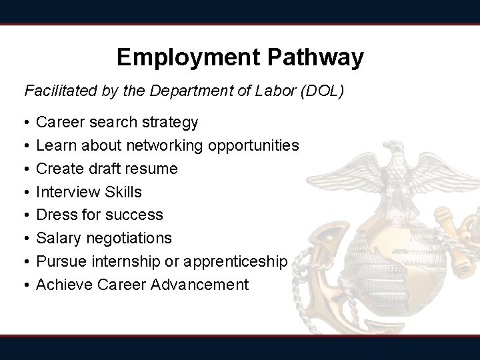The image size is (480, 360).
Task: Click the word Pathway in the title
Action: pos(316,57)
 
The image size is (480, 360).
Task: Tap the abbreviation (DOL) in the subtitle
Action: pos(323,91)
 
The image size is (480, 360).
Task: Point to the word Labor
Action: pos(275,91)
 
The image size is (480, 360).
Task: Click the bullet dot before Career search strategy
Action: pos(25,123)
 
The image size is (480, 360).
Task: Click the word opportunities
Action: pos(254,145)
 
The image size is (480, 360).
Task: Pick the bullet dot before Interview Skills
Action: pos(25,193)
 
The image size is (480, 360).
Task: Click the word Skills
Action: pos(123,192)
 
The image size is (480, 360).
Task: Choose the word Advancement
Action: pos(200,285)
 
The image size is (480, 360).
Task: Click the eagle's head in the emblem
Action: pos(401,157)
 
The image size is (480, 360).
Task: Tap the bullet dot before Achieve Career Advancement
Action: pos(25,285)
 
